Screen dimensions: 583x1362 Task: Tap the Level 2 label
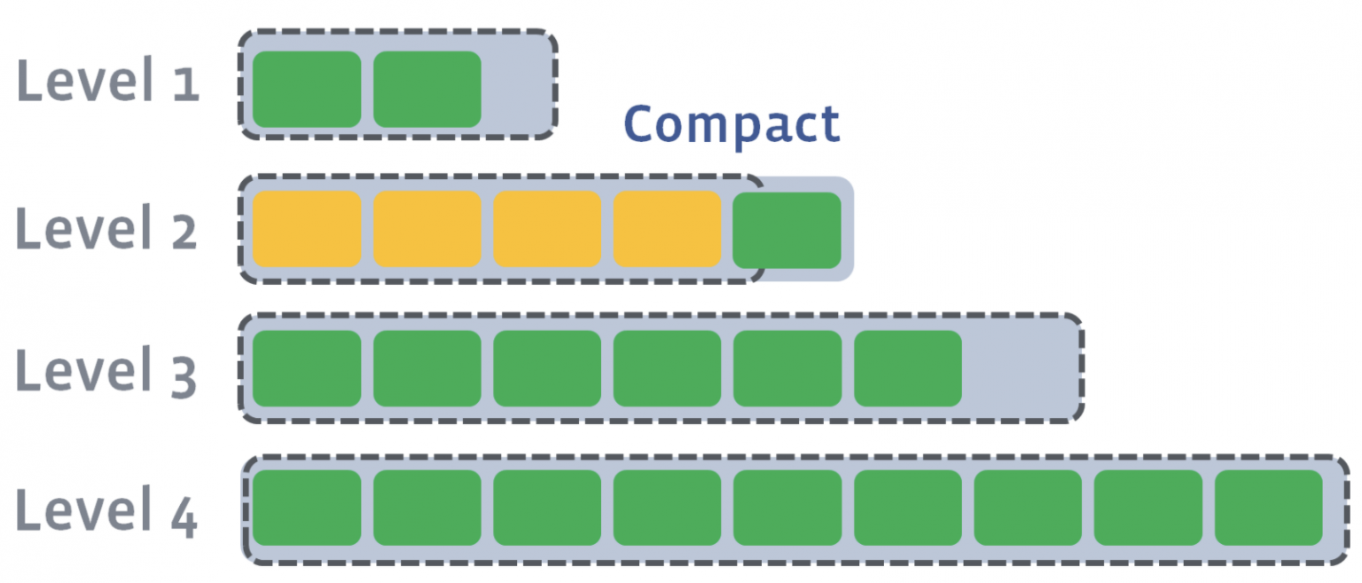click(x=107, y=228)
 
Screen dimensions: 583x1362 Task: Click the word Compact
click(x=732, y=125)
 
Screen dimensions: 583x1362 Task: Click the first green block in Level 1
click(x=307, y=89)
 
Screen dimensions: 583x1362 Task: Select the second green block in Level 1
click(x=427, y=89)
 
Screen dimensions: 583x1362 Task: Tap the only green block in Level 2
click(x=787, y=230)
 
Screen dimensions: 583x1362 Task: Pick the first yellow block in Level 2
click(x=307, y=229)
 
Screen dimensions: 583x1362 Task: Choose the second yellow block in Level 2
click(x=427, y=229)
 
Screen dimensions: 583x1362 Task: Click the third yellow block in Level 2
click(x=547, y=229)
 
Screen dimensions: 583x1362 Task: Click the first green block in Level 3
click(x=307, y=368)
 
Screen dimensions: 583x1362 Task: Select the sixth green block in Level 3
click(x=908, y=368)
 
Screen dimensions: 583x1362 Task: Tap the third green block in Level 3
click(x=547, y=368)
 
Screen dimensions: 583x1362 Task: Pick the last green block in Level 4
click(x=1268, y=508)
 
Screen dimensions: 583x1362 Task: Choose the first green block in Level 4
click(x=307, y=508)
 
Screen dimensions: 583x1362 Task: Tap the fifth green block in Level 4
click(x=787, y=508)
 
